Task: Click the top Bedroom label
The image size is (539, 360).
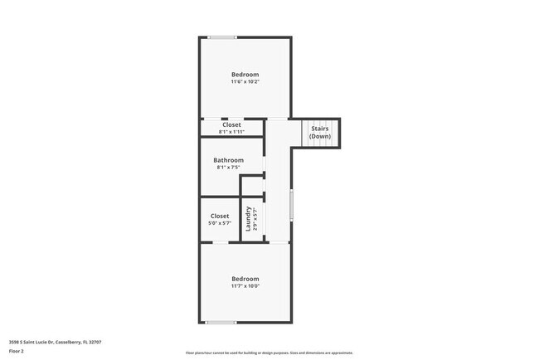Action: [x=245, y=75]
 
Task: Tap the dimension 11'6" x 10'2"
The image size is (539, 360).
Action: [x=245, y=82]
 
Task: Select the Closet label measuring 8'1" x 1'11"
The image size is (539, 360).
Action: [x=231, y=125]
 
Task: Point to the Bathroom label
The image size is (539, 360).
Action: [x=228, y=160]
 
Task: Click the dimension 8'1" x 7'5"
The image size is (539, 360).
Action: [x=228, y=168]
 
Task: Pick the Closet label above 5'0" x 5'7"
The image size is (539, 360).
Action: [x=219, y=216]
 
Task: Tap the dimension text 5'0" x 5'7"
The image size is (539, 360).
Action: [x=219, y=223]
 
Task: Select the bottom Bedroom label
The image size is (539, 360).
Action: [x=245, y=279]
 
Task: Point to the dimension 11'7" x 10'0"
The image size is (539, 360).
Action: [x=245, y=286]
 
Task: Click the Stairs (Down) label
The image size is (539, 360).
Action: [x=320, y=132]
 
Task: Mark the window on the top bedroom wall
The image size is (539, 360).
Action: [x=221, y=36]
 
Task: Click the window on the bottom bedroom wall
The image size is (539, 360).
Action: [x=221, y=322]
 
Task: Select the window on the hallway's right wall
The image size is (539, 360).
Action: [x=291, y=205]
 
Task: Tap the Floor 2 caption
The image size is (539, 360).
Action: [x=17, y=351]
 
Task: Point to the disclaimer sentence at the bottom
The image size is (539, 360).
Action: [x=269, y=353]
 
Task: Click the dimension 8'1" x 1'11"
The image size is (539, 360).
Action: [x=231, y=132]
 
